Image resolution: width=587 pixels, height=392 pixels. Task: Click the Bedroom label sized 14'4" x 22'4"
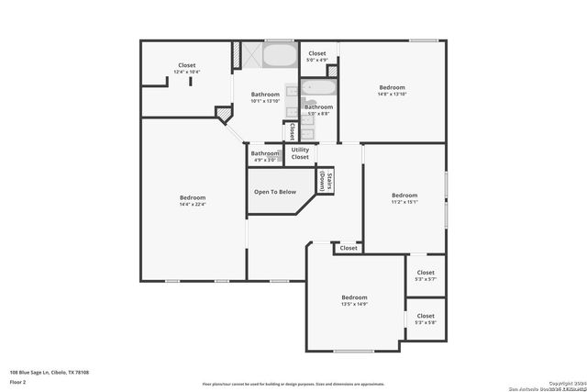[x=193, y=201]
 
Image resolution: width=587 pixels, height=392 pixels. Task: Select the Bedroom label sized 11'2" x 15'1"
[x=404, y=198]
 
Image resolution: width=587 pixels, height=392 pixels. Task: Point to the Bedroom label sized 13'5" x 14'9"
[x=354, y=301]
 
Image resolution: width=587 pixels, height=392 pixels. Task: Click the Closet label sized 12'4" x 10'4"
[x=186, y=68]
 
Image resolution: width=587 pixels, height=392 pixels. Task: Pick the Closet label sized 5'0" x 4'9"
[x=316, y=57]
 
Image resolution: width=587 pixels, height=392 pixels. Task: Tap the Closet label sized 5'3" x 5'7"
[x=426, y=275]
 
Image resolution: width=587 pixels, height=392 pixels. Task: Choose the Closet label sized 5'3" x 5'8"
[x=426, y=319]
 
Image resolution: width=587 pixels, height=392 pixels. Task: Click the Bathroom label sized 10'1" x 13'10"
[x=265, y=96]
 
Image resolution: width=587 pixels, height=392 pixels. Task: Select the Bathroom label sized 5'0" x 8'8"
[x=319, y=110]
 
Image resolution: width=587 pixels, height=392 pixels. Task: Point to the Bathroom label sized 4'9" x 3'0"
[x=265, y=156]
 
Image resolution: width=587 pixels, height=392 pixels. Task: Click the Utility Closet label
[x=300, y=154]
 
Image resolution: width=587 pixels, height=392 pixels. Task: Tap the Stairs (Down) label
[x=325, y=180]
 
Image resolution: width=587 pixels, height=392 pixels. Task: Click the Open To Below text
[x=275, y=192]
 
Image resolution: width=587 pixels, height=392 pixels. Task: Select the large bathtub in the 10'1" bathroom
[x=279, y=55]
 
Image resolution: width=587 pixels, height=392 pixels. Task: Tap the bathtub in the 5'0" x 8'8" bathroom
[x=319, y=90]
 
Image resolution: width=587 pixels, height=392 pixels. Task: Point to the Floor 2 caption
[x=19, y=383]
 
